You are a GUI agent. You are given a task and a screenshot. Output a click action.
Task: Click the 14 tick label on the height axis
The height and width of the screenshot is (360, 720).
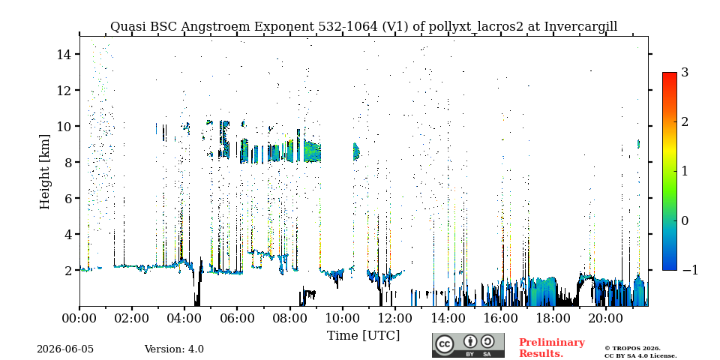(x=64, y=54)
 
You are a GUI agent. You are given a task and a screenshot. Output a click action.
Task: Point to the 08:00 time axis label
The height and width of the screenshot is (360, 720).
(x=289, y=318)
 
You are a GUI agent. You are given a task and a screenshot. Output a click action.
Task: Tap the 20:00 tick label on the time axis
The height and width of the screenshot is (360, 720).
(x=605, y=318)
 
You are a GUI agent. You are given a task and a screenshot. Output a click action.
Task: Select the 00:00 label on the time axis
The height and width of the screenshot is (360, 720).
(x=79, y=318)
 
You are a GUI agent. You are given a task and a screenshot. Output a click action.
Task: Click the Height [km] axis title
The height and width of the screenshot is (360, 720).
(x=44, y=172)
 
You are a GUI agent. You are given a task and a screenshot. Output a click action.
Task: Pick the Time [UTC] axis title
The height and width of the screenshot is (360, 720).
(x=363, y=335)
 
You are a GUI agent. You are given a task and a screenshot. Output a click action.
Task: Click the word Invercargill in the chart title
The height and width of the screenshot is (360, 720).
(x=580, y=27)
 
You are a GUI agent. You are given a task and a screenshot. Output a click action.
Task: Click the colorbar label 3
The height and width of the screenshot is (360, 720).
(x=685, y=72)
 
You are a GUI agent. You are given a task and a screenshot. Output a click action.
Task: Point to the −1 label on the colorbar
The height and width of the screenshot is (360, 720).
(x=690, y=270)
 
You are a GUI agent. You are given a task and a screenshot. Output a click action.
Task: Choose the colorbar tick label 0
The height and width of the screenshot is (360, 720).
(x=685, y=220)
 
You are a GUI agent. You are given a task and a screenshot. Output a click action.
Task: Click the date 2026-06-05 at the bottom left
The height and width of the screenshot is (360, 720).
(x=65, y=349)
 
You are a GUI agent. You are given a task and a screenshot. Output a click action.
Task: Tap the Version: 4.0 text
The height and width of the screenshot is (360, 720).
(x=174, y=349)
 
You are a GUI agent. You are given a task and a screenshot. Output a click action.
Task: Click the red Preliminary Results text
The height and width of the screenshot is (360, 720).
(x=552, y=347)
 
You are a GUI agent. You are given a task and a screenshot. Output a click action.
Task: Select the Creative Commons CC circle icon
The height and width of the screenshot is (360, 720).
(x=444, y=345)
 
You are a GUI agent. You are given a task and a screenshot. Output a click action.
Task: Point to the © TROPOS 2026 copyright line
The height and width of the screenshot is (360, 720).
(x=633, y=349)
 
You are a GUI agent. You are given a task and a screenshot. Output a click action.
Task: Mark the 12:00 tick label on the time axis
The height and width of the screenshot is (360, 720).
(x=395, y=318)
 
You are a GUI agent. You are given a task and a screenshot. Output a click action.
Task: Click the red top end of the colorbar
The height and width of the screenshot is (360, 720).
(x=670, y=73)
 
